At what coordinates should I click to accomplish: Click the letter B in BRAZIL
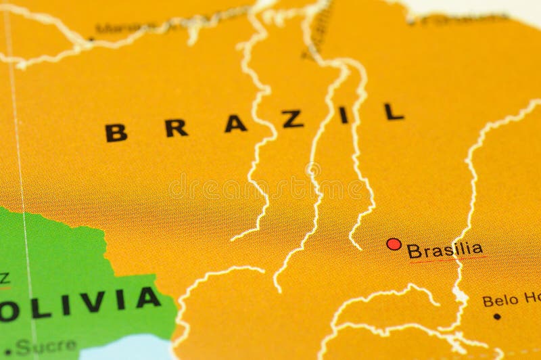[116, 132]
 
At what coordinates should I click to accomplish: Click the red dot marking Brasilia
[393, 244]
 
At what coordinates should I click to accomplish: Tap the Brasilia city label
[445, 250]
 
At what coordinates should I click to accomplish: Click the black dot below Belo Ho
[497, 316]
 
